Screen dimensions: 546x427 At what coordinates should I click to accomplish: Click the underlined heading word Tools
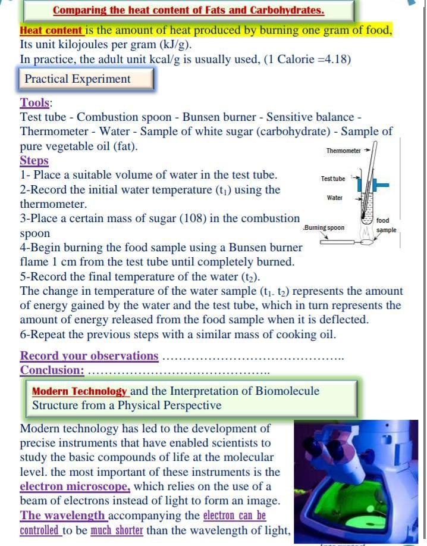click(35, 102)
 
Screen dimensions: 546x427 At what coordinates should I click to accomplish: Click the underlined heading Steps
click(34, 161)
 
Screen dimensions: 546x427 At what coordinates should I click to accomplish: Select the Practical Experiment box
click(78, 79)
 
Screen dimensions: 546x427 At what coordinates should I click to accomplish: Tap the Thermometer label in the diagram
click(343, 151)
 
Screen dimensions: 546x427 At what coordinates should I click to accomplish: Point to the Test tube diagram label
click(332, 179)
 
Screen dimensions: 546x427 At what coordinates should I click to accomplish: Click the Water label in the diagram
click(334, 198)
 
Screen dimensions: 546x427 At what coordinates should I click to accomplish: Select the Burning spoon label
click(324, 228)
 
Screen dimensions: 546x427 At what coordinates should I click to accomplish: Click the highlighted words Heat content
click(51, 30)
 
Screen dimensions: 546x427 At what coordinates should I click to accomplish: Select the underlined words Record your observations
click(89, 356)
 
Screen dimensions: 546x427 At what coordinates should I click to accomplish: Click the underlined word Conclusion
click(52, 370)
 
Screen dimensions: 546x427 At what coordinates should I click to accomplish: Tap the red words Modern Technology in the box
click(79, 391)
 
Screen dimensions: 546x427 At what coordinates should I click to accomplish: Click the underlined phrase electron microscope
click(75, 486)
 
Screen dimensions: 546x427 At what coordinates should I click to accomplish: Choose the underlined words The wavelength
click(63, 515)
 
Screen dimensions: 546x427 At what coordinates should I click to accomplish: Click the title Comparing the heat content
click(189, 10)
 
